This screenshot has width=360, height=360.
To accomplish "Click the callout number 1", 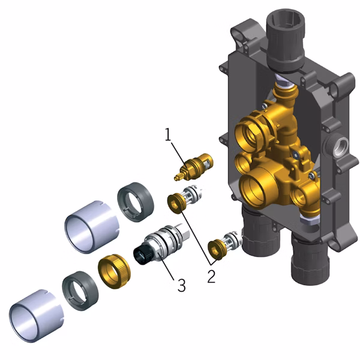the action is [168, 134].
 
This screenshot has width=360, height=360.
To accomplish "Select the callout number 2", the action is [211, 276].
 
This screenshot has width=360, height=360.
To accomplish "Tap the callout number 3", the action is [181, 286].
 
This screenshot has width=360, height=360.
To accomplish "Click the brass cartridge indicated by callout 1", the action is [194, 167].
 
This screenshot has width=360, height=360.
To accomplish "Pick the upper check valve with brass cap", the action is [184, 199].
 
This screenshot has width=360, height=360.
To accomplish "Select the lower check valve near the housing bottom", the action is [224, 245].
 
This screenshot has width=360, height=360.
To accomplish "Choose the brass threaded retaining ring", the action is [114, 271].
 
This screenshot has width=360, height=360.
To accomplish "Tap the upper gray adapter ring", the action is [136, 202].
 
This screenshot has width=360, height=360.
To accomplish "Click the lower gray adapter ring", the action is [80, 291].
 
